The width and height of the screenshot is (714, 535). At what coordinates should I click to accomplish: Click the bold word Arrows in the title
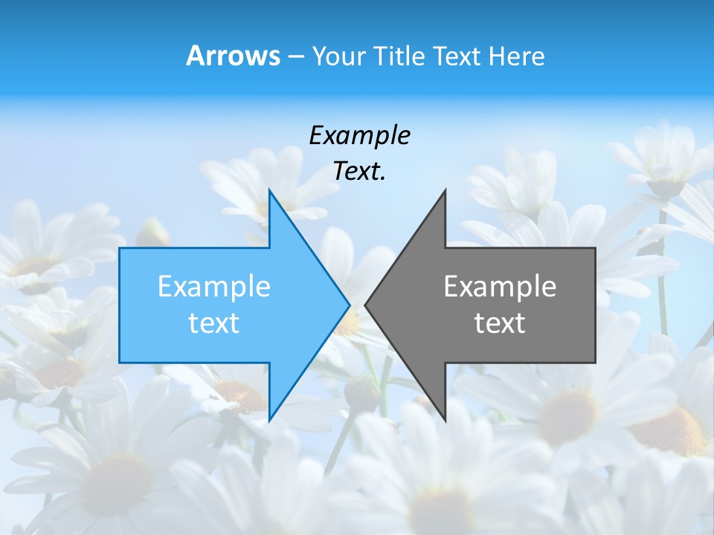tap(233, 56)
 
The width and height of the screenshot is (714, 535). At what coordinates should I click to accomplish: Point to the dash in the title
tap(295, 57)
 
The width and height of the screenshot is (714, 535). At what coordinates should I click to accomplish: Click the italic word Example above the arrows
tap(359, 136)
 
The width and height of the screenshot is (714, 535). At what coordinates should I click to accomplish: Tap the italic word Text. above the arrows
tap(359, 172)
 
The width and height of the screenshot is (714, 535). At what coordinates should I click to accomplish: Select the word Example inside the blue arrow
tap(214, 287)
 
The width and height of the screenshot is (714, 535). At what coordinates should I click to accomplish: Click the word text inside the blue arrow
tap(214, 323)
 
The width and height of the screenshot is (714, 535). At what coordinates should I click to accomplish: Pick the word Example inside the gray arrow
tap(500, 287)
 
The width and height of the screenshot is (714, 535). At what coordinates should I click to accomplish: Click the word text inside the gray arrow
tap(500, 323)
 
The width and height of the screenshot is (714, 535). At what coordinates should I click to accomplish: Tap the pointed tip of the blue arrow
tap(350, 304)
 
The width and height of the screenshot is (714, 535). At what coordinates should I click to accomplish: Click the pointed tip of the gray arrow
tap(365, 305)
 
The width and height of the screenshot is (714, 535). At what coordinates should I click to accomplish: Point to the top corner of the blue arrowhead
tap(269, 189)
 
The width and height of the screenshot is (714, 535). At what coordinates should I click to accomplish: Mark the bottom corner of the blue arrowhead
tap(269, 421)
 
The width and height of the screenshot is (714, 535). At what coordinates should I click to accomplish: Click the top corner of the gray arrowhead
tap(445, 190)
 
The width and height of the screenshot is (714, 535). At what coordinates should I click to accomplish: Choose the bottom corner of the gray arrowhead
tap(445, 421)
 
